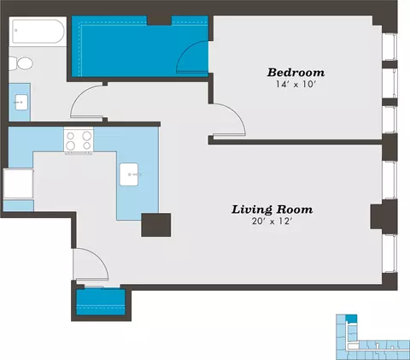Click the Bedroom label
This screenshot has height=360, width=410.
pos(296,73)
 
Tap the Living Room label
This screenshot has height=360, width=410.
pos(272,210)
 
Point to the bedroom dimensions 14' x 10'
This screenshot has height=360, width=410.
pos(296,85)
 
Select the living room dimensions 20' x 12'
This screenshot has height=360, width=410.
pos(272,221)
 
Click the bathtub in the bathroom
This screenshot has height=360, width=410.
pos(38,31)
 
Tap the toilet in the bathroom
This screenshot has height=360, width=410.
pos(20,63)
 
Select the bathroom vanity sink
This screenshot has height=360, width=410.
pos(21,103)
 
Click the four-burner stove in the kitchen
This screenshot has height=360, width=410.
pos(79,141)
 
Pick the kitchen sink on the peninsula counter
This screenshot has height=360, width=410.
pos(129,174)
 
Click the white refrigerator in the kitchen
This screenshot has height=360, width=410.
pos(18,184)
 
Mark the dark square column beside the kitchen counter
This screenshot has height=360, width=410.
pos(156,225)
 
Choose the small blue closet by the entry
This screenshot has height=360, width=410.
pos(101,302)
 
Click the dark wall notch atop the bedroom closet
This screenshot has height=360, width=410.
pos(159,21)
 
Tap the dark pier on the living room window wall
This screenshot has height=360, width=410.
pos(384,216)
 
